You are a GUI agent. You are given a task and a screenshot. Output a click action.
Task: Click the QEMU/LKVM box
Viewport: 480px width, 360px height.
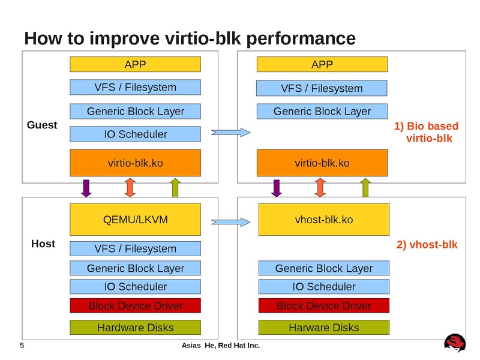136,220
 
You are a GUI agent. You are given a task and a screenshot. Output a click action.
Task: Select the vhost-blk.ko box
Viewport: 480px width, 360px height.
323,220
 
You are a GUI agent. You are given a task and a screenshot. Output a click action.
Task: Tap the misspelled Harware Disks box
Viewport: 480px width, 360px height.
323,328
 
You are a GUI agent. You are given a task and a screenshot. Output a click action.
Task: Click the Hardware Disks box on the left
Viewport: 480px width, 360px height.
136,328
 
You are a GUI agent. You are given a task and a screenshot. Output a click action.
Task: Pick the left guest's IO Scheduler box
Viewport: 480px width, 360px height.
136,134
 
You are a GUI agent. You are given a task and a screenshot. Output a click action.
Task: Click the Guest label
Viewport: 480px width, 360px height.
42,125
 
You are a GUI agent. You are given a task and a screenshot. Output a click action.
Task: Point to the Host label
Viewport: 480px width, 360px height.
43,244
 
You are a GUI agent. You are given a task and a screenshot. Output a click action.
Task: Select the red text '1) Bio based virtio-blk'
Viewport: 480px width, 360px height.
427,133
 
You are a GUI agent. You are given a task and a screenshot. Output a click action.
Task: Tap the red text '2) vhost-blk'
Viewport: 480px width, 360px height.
427,245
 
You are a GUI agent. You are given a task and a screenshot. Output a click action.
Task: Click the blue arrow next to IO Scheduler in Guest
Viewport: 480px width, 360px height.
230,132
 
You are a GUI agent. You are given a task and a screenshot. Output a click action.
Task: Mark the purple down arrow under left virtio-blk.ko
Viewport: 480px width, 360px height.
86,188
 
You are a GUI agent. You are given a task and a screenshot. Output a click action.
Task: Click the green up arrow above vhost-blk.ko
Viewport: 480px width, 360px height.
365,188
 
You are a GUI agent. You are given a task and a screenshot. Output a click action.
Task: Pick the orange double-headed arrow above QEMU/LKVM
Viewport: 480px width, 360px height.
130,188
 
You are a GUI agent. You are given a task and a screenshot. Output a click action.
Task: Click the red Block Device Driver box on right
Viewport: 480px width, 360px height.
323,306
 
